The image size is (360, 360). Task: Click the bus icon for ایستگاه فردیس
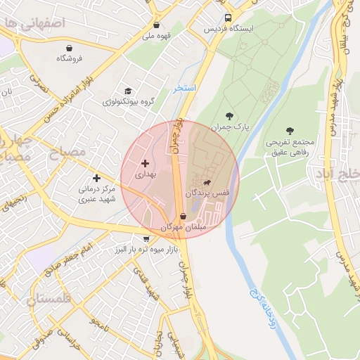227,18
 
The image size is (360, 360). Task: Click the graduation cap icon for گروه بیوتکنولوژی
127,91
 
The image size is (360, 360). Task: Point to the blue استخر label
185,89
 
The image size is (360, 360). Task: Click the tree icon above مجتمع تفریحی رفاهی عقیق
290,130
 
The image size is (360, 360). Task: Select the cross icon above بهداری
146,162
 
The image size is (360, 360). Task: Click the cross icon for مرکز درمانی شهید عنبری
96,178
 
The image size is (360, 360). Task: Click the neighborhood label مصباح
67,151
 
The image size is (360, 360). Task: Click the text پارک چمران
231,127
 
